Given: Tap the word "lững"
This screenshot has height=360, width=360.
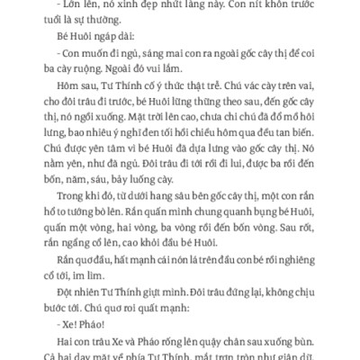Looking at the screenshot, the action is coord(174,121).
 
